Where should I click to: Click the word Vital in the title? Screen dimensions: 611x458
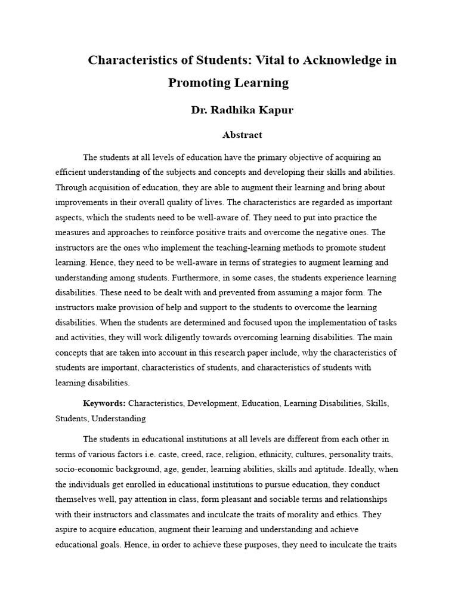point(259,60)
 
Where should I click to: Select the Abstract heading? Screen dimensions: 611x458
point(242,135)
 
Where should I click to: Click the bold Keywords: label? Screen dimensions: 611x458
point(104,403)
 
